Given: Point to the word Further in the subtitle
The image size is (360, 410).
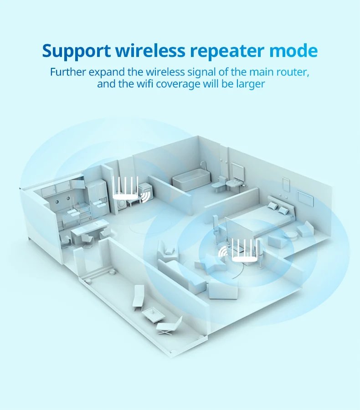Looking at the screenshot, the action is [68, 72].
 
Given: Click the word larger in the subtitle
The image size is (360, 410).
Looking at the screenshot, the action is [250, 84].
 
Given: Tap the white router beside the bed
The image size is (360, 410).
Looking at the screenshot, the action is [245, 251].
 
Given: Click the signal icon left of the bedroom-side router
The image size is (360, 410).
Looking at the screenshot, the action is [223, 251].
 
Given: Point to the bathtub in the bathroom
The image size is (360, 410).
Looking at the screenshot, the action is [191, 181].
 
